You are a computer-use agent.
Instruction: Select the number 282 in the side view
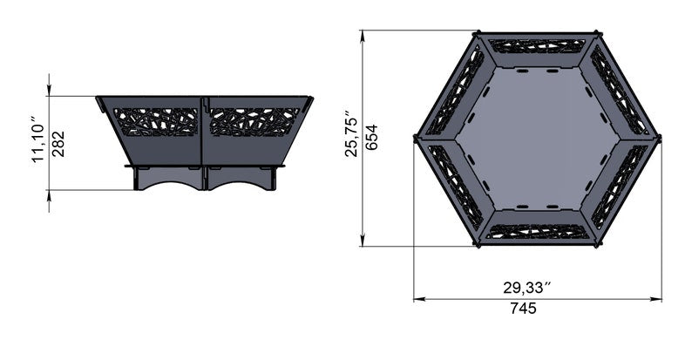(58, 143)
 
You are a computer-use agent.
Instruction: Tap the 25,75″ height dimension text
(351, 133)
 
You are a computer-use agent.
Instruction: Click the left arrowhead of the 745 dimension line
(417, 299)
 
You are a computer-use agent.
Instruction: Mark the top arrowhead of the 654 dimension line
(363, 35)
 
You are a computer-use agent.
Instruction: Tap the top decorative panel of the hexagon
(536, 45)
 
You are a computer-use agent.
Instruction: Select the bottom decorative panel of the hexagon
(536, 231)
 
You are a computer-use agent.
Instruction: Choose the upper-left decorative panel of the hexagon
(454, 92)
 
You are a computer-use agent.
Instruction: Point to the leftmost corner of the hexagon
(415, 138)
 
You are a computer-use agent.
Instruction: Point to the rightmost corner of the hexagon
(659, 138)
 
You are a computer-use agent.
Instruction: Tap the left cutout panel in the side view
(159, 122)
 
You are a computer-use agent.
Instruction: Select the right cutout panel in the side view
(254, 122)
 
